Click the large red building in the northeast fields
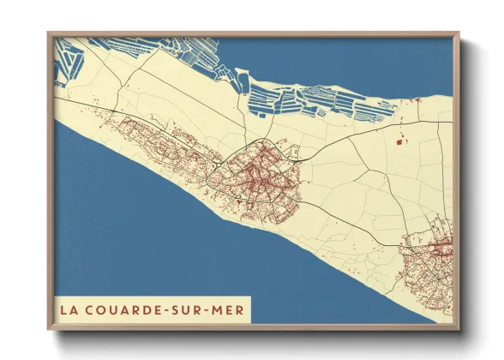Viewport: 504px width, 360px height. (x=399, y=139)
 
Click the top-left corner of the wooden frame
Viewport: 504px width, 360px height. (x=49, y=33)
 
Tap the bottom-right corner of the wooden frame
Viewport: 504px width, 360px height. (x=459, y=329)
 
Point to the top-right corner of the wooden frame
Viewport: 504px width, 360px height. (x=459, y=33)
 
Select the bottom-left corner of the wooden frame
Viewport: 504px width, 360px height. (x=49, y=329)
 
